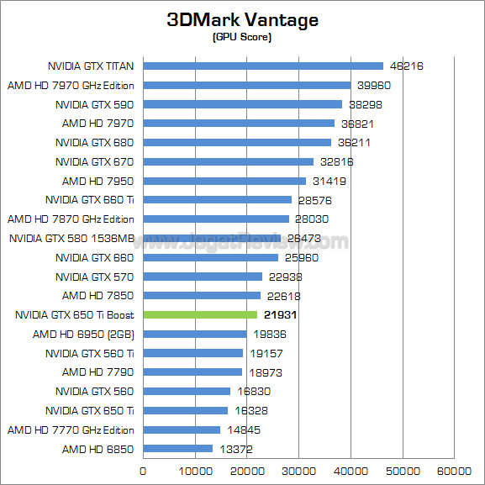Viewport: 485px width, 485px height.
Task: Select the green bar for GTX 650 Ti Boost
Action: [x=200, y=314]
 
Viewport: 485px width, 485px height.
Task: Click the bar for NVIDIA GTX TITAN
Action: [x=263, y=66]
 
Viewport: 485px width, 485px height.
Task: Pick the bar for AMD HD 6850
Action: [x=177, y=448]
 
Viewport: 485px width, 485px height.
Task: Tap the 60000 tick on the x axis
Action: [x=454, y=470]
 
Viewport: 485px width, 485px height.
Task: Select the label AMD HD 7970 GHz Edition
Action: [x=71, y=85]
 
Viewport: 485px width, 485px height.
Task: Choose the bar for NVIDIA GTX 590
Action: [x=243, y=104]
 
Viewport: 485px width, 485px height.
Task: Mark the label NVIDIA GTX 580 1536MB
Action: [x=72, y=238]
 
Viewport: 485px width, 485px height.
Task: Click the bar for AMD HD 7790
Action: [x=192, y=372]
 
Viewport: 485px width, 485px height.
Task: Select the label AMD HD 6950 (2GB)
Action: [x=83, y=334]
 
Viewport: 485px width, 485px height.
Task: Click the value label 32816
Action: [x=336, y=161]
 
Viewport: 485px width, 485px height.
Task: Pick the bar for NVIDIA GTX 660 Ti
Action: [x=218, y=199]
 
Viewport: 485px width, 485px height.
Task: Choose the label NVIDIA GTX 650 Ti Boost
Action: [x=75, y=314]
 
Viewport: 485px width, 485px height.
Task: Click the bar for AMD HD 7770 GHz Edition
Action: [x=182, y=430]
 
